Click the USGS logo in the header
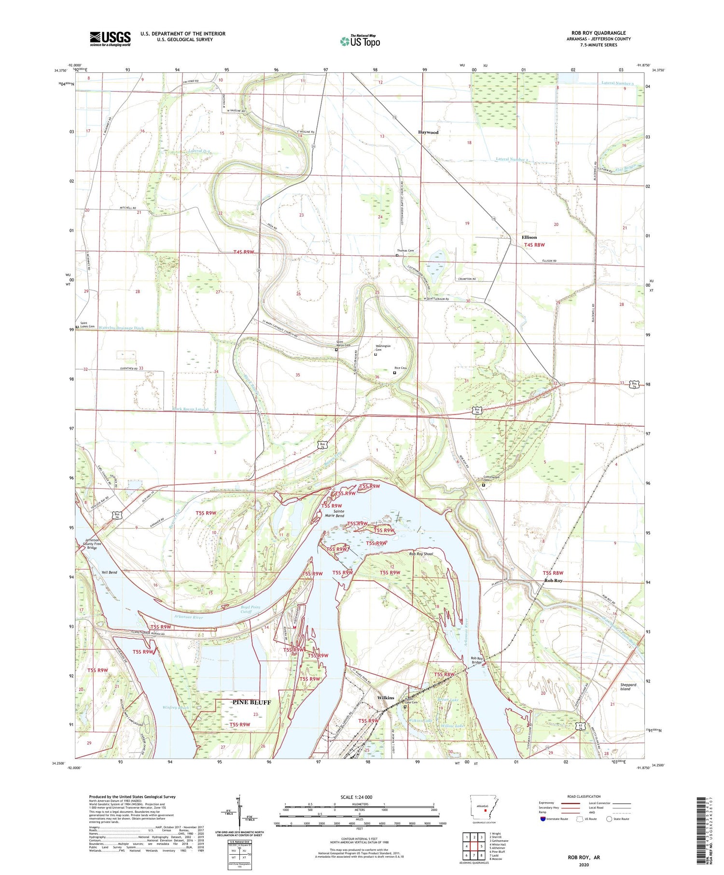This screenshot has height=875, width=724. pyautogui.click(x=110, y=39)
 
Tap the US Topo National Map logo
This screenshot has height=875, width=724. pyautogui.click(x=360, y=41)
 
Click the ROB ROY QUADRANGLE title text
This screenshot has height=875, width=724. pyautogui.click(x=598, y=33)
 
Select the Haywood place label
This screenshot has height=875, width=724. pyautogui.click(x=428, y=132)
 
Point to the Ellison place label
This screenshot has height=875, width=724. pyautogui.click(x=529, y=237)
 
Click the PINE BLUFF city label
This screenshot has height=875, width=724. pyautogui.click(x=251, y=702)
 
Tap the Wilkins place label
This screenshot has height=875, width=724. pyautogui.click(x=386, y=698)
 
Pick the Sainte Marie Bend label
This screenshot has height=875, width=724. pyautogui.click(x=333, y=513)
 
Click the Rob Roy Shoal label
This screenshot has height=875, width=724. pyautogui.click(x=421, y=554)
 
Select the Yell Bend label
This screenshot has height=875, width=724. pyautogui.click(x=109, y=572)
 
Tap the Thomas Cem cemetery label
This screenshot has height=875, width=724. pyautogui.click(x=405, y=250)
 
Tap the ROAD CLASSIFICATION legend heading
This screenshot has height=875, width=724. pyautogui.click(x=584, y=796)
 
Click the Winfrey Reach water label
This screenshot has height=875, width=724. pyautogui.click(x=175, y=708)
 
